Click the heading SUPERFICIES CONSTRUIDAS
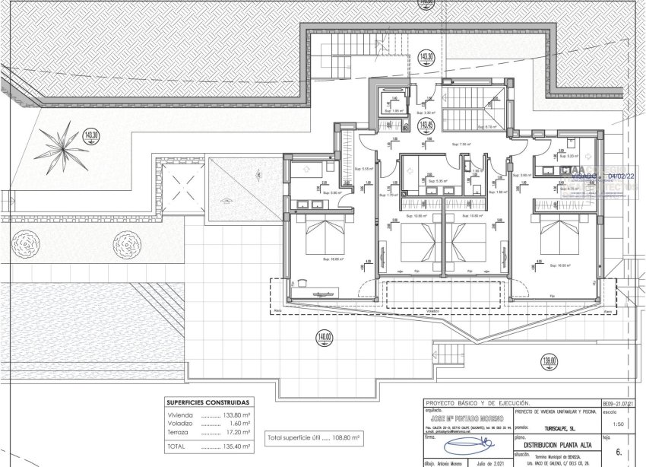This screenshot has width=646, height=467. (209, 402)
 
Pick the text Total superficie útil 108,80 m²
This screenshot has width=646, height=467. (315, 438)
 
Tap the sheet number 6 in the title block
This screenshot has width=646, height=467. (619, 452)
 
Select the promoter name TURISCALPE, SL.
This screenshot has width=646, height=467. (562, 427)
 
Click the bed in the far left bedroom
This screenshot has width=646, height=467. (325, 237)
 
